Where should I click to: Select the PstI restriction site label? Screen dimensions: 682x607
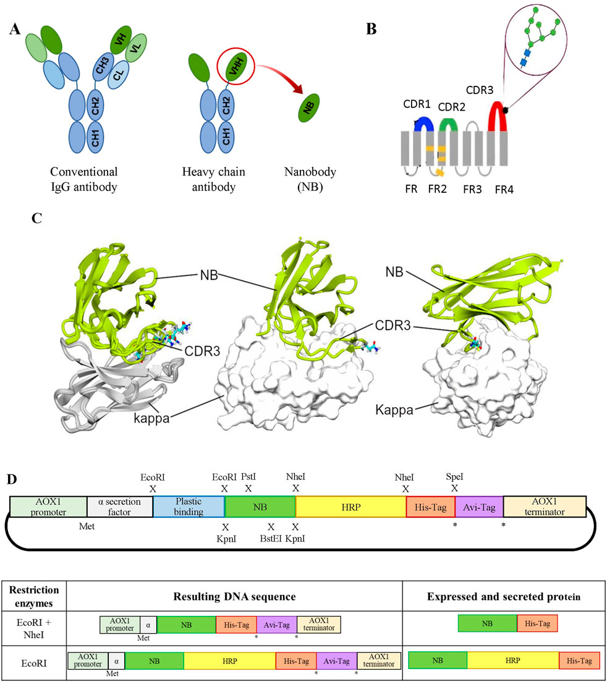point(248,477)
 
